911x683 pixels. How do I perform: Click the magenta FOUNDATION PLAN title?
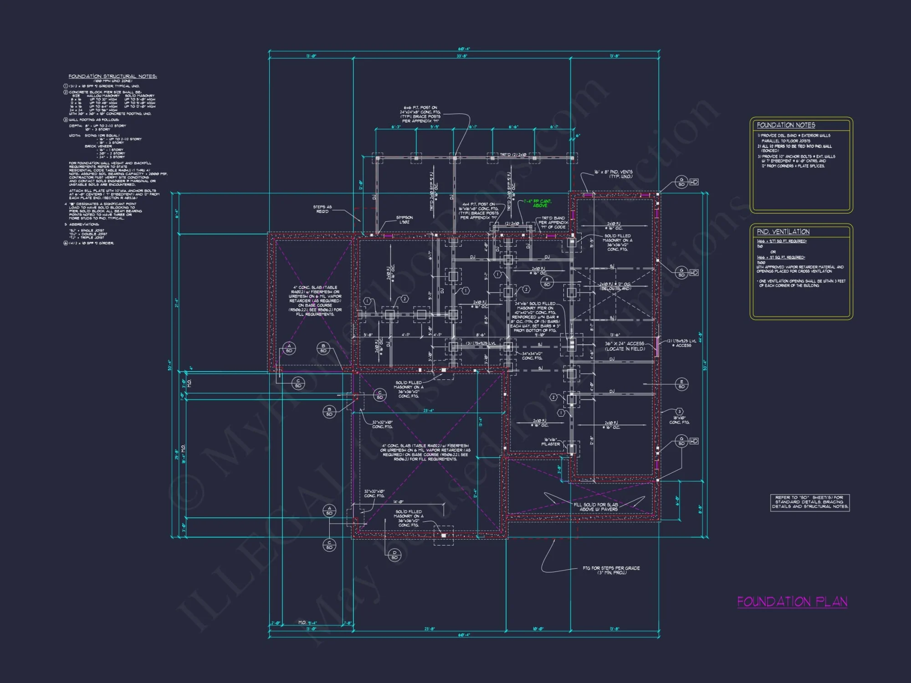(x=792, y=601)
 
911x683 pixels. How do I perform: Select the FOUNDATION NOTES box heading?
(x=786, y=125)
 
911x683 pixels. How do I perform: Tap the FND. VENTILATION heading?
(x=783, y=232)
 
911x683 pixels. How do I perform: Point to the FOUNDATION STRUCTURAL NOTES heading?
(x=113, y=76)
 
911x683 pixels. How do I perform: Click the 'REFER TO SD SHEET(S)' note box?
(x=809, y=502)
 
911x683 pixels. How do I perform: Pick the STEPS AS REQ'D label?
(x=322, y=209)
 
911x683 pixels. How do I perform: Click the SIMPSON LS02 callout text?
(x=404, y=219)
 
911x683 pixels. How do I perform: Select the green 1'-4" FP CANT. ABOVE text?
(x=538, y=203)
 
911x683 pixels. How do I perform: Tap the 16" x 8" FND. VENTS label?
(x=613, y=174)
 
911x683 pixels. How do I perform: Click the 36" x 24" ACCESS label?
(x=624, y=346)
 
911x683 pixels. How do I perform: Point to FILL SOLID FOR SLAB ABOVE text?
(x=596, y=506)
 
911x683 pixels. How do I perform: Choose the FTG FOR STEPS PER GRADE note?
(x=611, y=570)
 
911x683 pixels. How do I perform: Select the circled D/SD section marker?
(x=394, y=555)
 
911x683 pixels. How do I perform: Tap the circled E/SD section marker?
(x=681, y=384)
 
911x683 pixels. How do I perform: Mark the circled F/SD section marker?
(x=547, y=282)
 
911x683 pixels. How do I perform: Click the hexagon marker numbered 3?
(x=679, y=411)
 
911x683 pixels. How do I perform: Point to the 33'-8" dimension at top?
(x=461, y=56)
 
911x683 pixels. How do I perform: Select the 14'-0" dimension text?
(x=398, y=502)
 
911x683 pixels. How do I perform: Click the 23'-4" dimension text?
(x=429, y=410)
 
